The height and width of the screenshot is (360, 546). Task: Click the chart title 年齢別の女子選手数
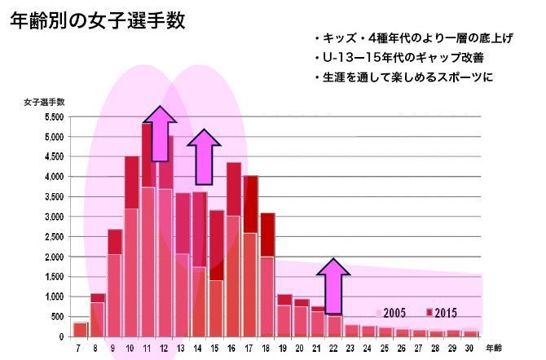[97, 21]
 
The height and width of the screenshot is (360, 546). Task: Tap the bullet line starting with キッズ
[412, 39]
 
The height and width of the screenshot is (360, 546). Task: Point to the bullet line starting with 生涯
[404, 78]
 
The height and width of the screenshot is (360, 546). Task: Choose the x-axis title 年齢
[494, 348]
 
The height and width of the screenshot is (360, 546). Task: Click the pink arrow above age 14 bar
[204, 148]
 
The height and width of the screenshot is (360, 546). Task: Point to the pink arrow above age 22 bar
[333, 285]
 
